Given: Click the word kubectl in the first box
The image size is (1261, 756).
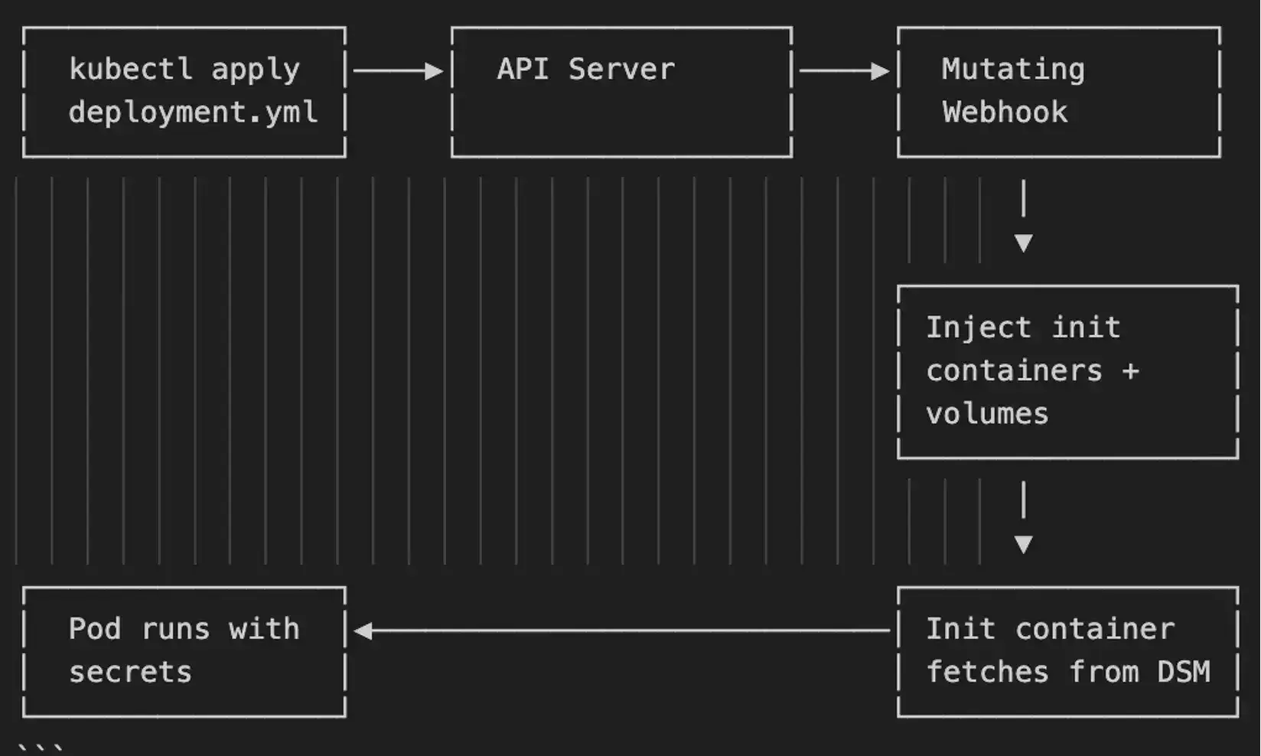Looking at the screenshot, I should [x=130, y=70].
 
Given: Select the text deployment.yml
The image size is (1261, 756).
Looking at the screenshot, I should [x=193, y=112].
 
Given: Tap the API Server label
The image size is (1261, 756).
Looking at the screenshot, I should [x=586, y=70].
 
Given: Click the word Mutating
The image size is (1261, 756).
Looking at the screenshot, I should [x=1013, y=70].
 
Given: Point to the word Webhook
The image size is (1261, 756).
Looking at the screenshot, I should [x=1005, y=112].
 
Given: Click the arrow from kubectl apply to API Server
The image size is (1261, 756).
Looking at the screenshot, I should [x=398, y=71].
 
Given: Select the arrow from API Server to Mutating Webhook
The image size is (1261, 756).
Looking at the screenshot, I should [x=844, y=71].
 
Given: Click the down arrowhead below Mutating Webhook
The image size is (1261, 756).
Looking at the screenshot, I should [x=1023, y=243].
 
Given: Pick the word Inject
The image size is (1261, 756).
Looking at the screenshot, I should [x=978, y=327].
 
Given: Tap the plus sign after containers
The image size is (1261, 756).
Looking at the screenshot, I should [x=1131, y=371].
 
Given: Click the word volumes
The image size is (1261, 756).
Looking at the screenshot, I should [x=987, y=414].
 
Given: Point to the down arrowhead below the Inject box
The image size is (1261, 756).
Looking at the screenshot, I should [x=1023, y=544].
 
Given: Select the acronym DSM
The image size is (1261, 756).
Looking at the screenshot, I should [x=1183, y=672].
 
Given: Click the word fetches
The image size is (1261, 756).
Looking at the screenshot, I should [x=987, y=672].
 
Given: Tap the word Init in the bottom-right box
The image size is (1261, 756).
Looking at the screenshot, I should [x=960, y=629].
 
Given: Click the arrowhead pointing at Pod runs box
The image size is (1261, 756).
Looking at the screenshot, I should [x=363, y=631].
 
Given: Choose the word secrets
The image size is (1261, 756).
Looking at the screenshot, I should [x=130, y=672].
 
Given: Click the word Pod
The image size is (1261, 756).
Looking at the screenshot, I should [x=94, y=629].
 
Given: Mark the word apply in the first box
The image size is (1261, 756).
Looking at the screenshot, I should [x=256, y=70].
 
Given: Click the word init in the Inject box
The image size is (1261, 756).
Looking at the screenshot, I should [x=1086, y=327].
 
